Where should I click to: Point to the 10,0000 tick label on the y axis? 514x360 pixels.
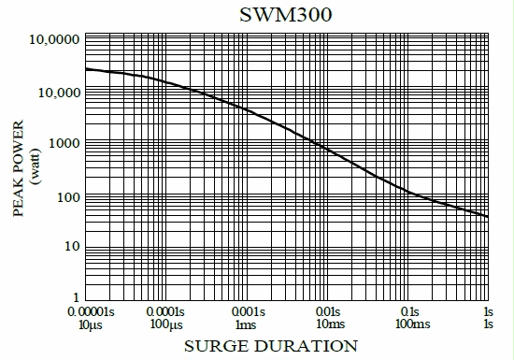pyautogui.click(x=55, y=41)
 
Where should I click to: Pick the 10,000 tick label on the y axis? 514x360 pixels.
pyautogui.click(x=58, y=93)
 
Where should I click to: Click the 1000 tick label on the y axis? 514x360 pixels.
pyautogui.click(x=64, y=144)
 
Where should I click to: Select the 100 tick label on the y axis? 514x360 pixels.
pyautogui.click(x=67, y=195)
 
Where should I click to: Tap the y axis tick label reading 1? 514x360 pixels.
pyautogui.click(x=76, y=298)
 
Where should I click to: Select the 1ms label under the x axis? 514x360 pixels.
pyautogui.click(x=246, y=324)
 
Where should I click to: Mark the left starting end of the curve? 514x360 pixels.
pyautogui.click(x=86, y=69)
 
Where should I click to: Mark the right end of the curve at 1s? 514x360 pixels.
pyautogui.click(x=488, y=217)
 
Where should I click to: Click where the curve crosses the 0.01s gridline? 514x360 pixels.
pyautogui.click(x=326, y=149)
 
